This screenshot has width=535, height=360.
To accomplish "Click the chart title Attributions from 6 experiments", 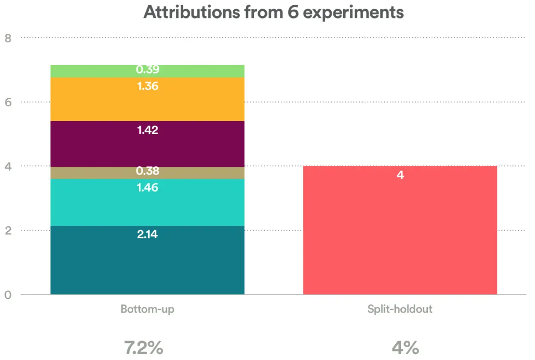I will click(273, 12).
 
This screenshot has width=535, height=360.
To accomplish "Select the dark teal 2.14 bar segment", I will click(147, 265).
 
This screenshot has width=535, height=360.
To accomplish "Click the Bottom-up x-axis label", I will click(147, 309).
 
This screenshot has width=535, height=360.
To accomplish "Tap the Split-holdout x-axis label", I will click(400, 309).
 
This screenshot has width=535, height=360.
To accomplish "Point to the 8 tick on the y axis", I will click(8, 38).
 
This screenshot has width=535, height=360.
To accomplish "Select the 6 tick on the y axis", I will click(8, 102).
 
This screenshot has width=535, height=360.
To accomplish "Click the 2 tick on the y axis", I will click(8, 230).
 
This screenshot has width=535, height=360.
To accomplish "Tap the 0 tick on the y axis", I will click(8, 295).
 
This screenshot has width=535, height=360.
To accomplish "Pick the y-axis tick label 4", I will click(8, 166).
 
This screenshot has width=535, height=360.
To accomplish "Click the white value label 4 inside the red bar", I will click(400, 175).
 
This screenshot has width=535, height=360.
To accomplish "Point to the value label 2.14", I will click(147, 234).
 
